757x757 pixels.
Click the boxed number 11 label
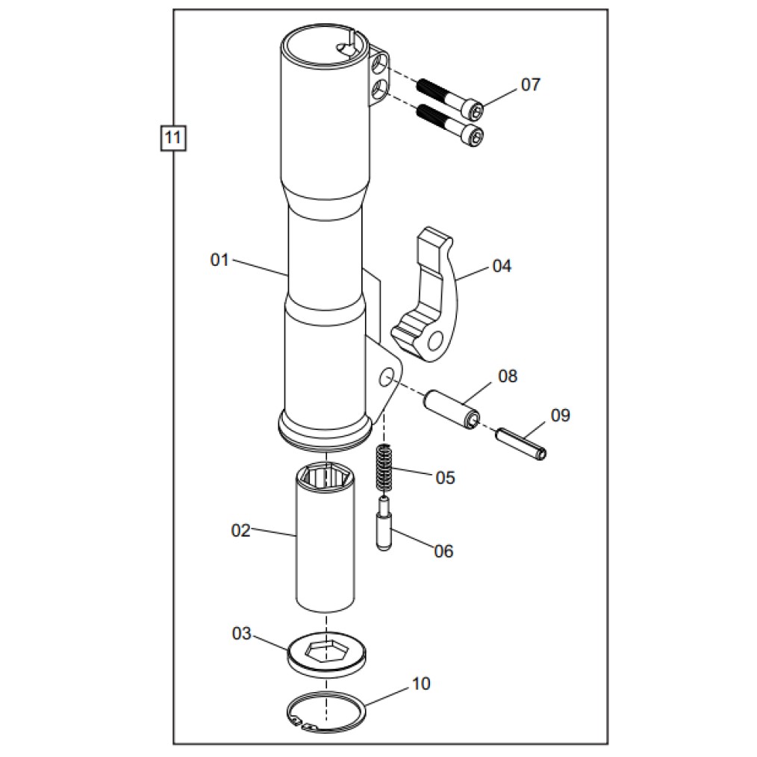(x=173, y=138)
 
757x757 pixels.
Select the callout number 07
(x=531, y=85)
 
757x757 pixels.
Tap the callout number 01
(x=219, y=261)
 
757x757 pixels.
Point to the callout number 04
(x=502, y=266)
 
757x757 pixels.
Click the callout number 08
(x=508, y=376)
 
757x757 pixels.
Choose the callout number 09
(x=561, y=415)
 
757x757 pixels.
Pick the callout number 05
(x=445, y=478)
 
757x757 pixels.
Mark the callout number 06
(x=443, y=552)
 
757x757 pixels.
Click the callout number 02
(x=241, y=531)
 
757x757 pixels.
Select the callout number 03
(x=241, y=633)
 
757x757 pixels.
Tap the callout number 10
(x=421, y=684)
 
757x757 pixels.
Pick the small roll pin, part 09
(x=521, y=443)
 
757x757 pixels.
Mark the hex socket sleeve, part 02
(x=325, y=538)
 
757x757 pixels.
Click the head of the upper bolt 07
(x=476, y=111)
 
